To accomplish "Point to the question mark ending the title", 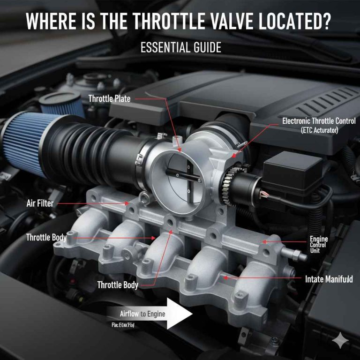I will tap(328, 22).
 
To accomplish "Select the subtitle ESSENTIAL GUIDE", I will tap(180, 48).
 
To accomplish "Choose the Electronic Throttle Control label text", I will tap(318, 121).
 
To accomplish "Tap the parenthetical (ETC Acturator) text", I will tap(319, 130).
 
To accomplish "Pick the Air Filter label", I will tap(40, 203).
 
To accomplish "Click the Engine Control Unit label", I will tap(319, 245).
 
